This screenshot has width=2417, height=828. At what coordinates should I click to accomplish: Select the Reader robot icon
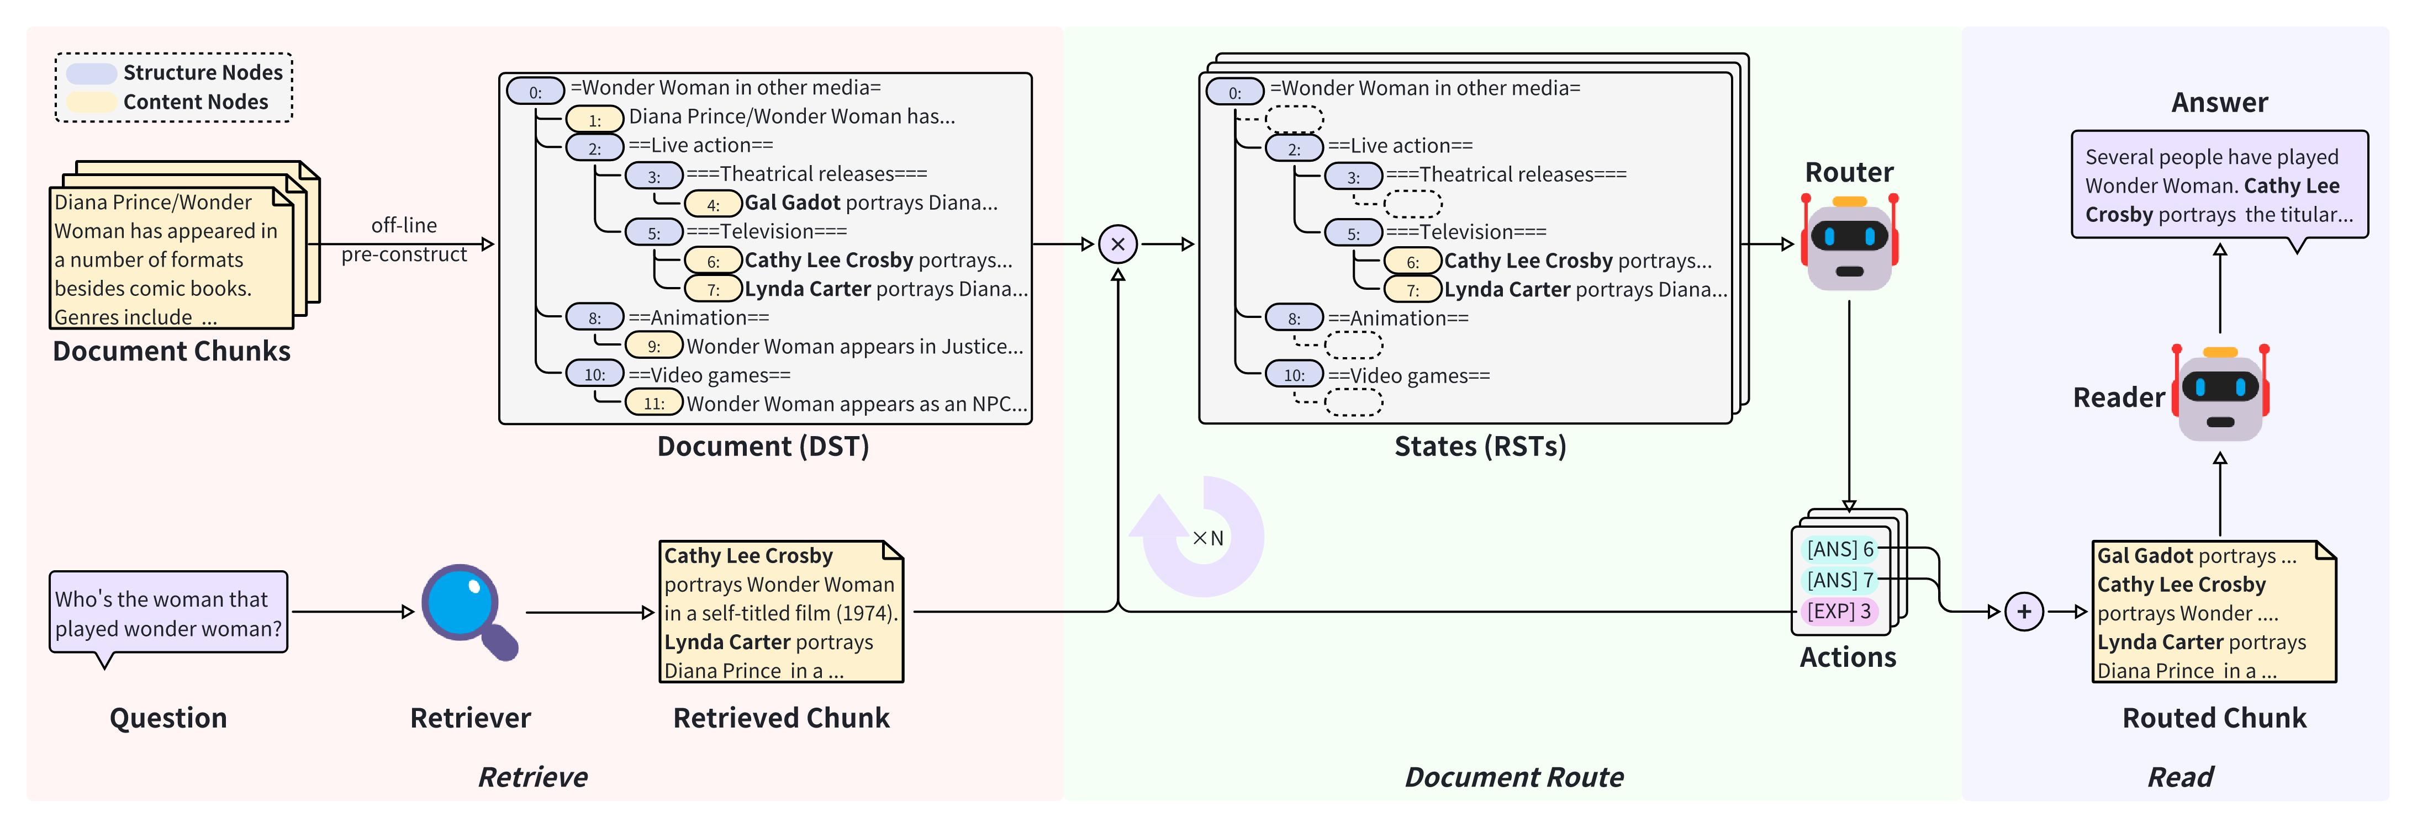click(x=2220, y=393)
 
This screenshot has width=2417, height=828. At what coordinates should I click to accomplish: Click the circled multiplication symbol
click(x=1117, y=245)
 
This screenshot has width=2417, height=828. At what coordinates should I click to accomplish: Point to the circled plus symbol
click(x=2024, y=612)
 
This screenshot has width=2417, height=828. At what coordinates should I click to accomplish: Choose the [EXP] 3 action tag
click(x=1839, y=612)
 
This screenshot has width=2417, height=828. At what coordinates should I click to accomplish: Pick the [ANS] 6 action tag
click(x=1840, y=549)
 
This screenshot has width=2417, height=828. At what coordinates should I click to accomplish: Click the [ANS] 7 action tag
click(x=1840, y=581)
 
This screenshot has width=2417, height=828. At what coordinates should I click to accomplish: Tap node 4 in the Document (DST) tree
click(x=713, y=204)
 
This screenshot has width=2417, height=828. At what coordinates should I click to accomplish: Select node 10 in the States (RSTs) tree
click(x=1294, y=375)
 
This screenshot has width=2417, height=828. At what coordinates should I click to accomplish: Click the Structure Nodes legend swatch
click(x=91, y=73)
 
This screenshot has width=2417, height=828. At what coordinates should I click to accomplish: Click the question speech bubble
click(x=169, y=614)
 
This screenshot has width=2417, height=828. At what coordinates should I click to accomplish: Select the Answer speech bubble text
click(x=2219, y=185)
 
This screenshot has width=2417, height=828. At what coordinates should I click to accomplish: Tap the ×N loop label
click(x=1207, y=538)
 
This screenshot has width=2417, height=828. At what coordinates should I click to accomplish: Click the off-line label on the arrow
click(x=404, y=225)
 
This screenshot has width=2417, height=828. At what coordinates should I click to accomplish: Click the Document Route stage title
click(x=1513, y=777)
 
